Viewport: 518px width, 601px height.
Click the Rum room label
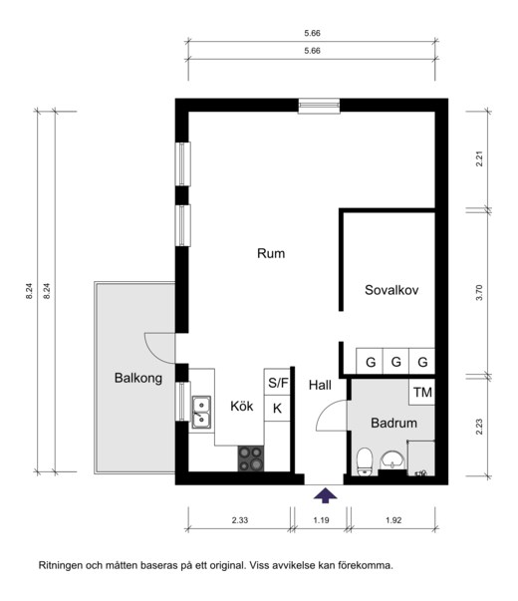[x=271, y=253]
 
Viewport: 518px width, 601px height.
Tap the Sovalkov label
[x=391, y=290]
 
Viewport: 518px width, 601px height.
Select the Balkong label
[x=137, y=379]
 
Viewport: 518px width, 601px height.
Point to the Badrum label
[x=393, y=424]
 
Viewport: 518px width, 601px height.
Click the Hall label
[x=320, y=385]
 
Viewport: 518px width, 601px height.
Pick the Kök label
[x=242, y=406]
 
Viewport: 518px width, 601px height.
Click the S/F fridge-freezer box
[x=277, y=382]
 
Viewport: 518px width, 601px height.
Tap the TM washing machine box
[x=421, y=392]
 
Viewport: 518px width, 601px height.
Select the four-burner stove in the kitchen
[x=251, y=458]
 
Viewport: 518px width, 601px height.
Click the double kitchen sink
[x=201, y=412]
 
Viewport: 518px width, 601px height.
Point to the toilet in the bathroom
[x=365, y=461]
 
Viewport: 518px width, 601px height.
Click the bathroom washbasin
[x=391, y=459]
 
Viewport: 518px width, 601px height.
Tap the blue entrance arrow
[x=326, y=494]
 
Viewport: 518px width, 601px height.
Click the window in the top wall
[x=319, y=106]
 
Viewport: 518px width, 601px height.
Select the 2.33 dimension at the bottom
[x=240, y=520]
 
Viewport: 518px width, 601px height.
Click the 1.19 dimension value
[x=321, y=520]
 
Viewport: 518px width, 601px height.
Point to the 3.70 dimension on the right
[x=479, y=292]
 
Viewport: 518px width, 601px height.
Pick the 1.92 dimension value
[x=393, y=520]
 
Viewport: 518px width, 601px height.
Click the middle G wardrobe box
[x=395, y=361]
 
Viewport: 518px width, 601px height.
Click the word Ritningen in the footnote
[x=61, y=565]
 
